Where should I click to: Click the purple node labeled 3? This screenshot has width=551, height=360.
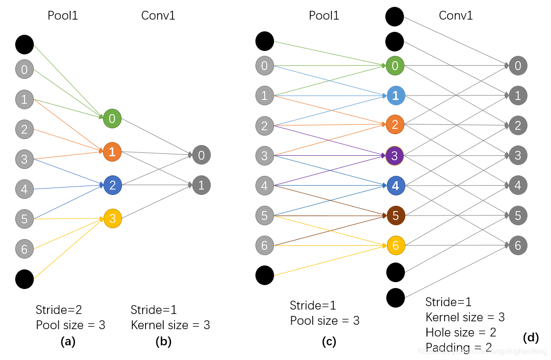pyautogui.click(x=395, y=155)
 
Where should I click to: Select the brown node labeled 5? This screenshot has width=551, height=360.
pyautogui.click(x=395, y=215)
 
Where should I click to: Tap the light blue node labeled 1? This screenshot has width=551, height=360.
pyautogui.click(x=395, y=96)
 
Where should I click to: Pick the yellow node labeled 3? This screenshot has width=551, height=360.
pyautogui.click(x=112, y=218)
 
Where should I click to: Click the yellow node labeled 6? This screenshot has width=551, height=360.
pyautogui.click(x=395, y=245)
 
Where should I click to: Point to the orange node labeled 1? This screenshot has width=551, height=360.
pyautogui.click(x=112, y=152)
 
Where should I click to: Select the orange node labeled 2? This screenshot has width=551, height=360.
pyautogui.click(x=395, y=125)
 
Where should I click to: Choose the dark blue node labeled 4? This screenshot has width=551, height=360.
pyautogui.click(x=395, y=186)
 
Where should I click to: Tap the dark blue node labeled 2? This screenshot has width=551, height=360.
pyautogui.click(x=112, y=185)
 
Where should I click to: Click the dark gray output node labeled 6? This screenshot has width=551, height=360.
pyautogui.click(x=518, y=245)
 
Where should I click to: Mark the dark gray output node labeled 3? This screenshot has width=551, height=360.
pyautogui.click(x=518, y=155)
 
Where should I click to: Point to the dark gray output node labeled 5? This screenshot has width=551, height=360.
pyautogui.click(x=518, y=215)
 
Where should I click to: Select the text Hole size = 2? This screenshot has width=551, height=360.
pyautogui.click(x=461, y=333)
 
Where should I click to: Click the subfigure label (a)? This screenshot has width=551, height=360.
pyautogui.click(x=68, y=342)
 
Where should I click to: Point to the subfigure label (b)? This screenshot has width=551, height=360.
pyautogui.click(x=163, y=342)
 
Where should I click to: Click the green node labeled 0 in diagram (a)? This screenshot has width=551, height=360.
pyautogui.click(x=112, y=119)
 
